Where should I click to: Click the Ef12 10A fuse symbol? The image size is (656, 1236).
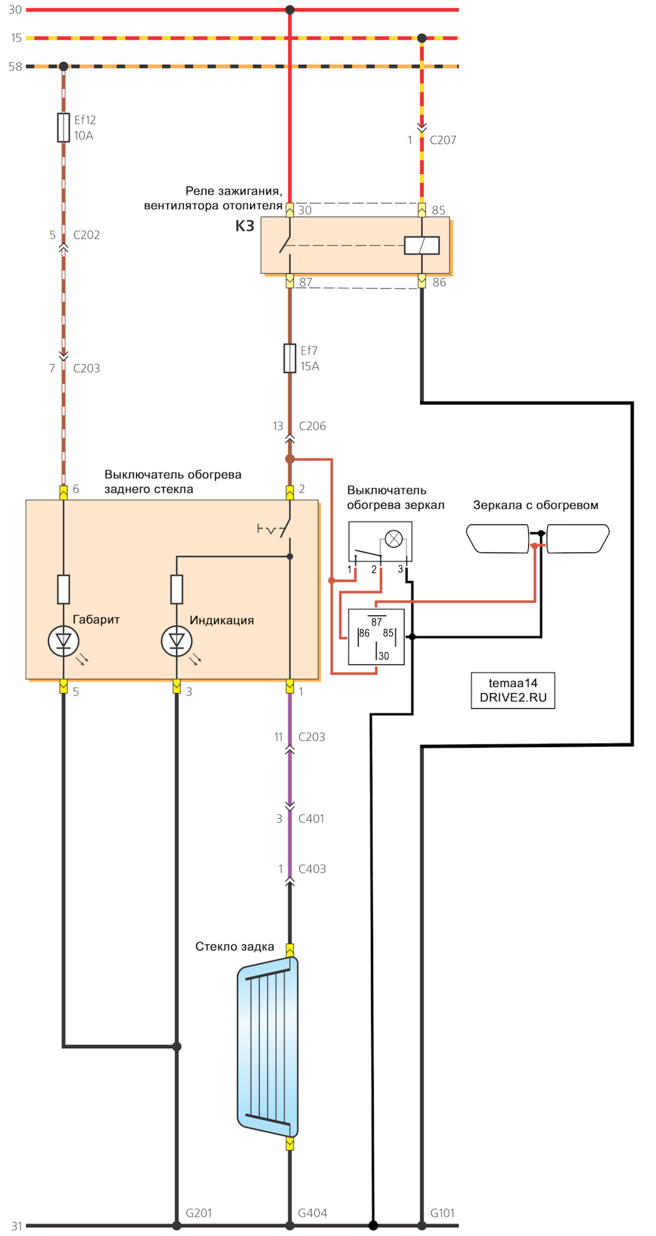(64, 128)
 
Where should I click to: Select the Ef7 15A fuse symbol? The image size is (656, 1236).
(290, 359)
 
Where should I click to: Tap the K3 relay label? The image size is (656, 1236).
(245, 226)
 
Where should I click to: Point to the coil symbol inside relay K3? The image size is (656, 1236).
(422, 245)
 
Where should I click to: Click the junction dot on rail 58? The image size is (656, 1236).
(64, 66)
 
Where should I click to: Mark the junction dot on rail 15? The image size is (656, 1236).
(422, 38)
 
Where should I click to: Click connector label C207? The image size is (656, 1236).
(443, 140)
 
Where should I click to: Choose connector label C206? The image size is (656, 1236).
(312, 426)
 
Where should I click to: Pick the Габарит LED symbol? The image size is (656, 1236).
(64, 641)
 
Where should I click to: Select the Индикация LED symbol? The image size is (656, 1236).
(176, 641)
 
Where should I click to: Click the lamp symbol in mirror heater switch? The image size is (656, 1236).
(394, 539)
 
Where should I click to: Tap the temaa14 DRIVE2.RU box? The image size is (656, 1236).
(512, 690)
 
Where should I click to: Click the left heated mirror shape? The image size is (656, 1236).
(497, 539)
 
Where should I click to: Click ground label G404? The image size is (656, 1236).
(312, 1213)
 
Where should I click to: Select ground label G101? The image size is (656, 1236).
(442, 1213)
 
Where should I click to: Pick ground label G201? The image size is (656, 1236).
(199, 1213)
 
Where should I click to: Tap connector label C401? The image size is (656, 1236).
(311, 819)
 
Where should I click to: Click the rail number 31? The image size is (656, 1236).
(16, 1226)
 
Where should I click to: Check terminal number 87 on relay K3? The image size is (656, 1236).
(305, 282)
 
